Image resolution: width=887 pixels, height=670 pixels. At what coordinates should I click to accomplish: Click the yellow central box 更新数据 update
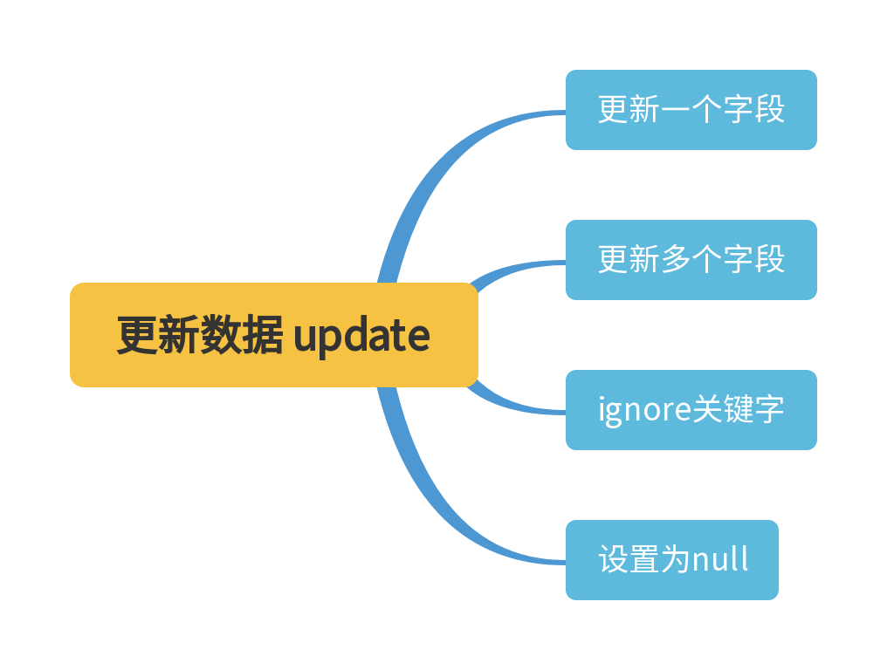[273, 335]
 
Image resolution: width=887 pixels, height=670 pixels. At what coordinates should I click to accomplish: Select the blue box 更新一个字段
[691, 110]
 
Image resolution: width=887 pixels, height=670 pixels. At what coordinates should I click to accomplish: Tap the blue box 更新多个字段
[691, 260]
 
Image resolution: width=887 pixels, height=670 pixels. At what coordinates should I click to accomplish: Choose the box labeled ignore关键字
[691, 410]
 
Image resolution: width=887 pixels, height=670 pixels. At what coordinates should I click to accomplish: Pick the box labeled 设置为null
[671, 560]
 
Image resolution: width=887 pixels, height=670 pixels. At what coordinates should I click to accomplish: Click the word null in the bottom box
[720, 560]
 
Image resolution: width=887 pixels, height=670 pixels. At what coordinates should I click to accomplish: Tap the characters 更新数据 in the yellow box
[200, 335]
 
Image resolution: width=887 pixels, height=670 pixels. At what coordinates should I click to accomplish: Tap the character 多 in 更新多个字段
[675, 260]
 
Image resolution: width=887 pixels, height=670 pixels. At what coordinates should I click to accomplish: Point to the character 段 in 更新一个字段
[769, 110]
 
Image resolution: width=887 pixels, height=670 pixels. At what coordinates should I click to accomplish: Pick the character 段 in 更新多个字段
[769, 260]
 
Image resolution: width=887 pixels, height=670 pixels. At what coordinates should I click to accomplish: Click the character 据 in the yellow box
[263, 335]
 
